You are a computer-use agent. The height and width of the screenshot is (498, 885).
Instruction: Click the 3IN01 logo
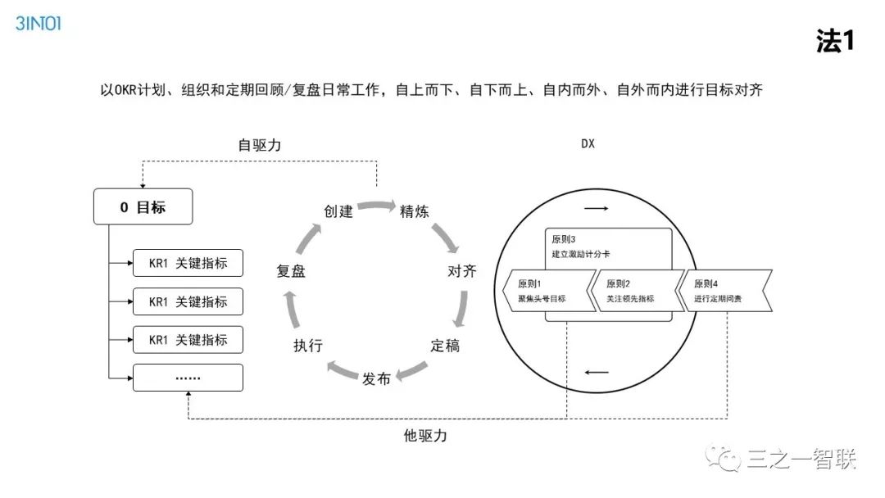[x=38, y=24]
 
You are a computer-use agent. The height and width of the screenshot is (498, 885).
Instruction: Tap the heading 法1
[x=835, y=41]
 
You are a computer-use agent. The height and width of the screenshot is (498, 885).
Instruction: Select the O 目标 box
[x=143, y=207]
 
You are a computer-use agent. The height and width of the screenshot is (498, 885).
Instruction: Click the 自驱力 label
[x=259, y=145]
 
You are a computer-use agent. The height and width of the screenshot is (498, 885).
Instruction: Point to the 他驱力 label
[x=425, y=436]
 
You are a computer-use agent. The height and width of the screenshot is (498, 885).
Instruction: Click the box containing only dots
[x=188, y=378]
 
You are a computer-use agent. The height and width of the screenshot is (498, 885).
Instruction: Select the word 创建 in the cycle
[x=338, y=211]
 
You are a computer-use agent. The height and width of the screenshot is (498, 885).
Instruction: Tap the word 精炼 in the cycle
[x=414, y=211]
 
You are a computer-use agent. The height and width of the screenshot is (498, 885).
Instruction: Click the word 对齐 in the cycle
[x=461, y=271]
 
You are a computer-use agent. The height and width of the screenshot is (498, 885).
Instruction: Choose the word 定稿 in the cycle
[x=445, y=346]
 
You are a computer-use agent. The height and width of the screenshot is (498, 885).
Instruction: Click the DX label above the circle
[x=588, y=144]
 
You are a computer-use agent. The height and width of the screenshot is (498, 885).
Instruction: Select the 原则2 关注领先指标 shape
[x=636, y=291]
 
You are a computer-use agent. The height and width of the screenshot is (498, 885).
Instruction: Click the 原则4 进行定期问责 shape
[x=725, y=291]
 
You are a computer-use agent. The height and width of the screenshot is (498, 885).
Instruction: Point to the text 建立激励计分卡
[x=581, y=255]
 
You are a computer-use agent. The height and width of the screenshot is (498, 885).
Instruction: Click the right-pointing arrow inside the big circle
[x=597, y=208]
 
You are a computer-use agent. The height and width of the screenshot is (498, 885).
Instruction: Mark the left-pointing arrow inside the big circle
[x=597, y=373]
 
